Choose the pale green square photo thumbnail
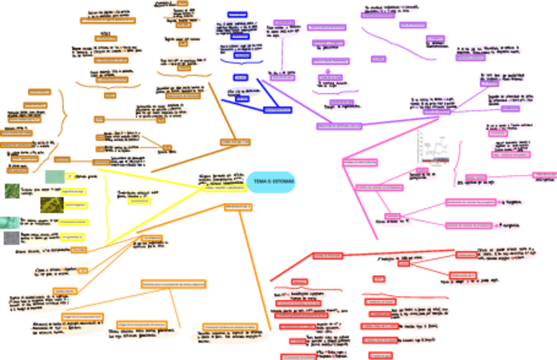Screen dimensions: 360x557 pyautogui.click(x=54, y=176)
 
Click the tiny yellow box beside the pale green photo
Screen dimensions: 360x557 pyautogui.click(x=70, y=176)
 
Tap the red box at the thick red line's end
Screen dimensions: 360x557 pyautogui.click(x=326, y=256)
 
